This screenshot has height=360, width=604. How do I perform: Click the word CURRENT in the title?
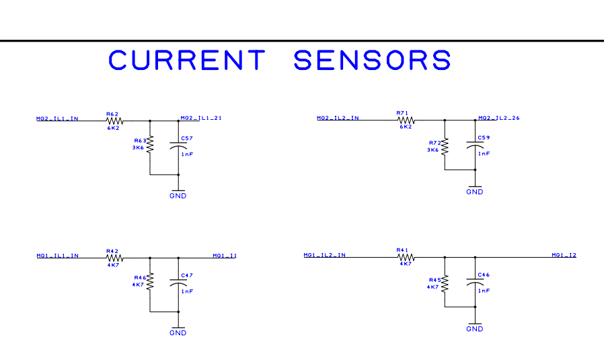point(187,61)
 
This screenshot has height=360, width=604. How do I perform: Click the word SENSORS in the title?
point(372,61)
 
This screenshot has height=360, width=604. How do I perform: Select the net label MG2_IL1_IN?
point(57,118)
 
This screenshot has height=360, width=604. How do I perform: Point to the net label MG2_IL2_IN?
point(338,118)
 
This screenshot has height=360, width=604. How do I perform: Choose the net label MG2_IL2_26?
point(498,118)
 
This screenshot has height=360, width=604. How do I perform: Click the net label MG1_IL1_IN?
point(57,256)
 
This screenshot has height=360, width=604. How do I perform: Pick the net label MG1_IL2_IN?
point(325,255)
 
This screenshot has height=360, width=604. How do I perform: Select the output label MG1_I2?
point(564,255)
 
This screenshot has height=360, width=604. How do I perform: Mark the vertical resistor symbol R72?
point(445,147)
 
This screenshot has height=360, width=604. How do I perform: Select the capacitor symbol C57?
point(178,146)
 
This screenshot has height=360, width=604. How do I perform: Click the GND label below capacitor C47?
point(178,333)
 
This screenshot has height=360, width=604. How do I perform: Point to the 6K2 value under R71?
point(405,127)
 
